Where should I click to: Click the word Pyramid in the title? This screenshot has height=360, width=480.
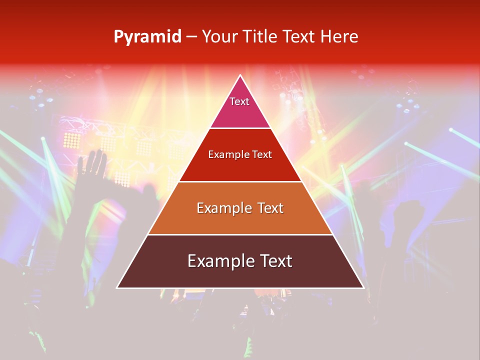pos(147,37)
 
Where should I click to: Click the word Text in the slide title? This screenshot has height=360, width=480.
pos(299,37)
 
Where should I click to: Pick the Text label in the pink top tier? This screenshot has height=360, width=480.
pos(239,101)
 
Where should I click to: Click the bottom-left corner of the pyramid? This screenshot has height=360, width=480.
pos(117,288)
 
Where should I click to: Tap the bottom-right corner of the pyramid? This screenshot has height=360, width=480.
pos(363,288)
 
